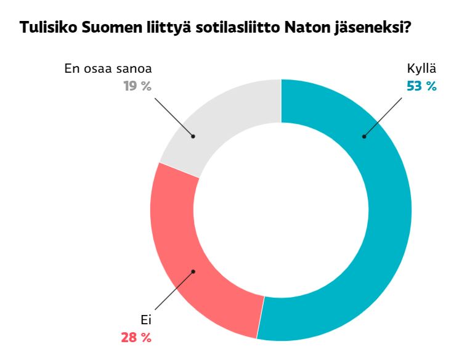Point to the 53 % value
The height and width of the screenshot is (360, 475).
pos(421,86)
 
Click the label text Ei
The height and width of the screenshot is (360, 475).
pos(145,321)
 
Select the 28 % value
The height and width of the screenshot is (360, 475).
pos(136,337)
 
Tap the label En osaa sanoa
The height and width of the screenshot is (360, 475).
pos(108,69)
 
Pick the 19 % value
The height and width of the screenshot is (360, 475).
pos(137,86)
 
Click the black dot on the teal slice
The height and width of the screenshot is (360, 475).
pos(363,136)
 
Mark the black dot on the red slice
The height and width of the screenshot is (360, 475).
pos(193,271)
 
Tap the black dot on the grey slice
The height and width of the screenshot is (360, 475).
pos(193,136)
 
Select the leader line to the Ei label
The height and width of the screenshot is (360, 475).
pos(174,291)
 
